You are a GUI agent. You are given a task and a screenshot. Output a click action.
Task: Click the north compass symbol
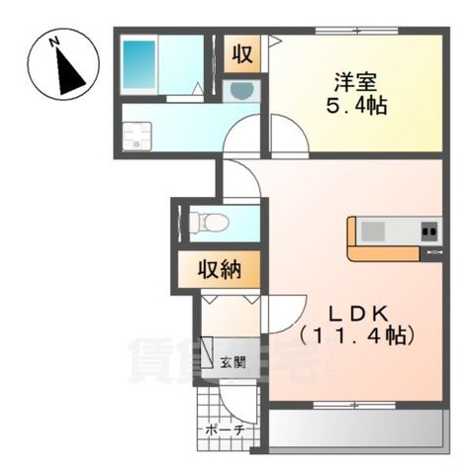[x=62, y=66]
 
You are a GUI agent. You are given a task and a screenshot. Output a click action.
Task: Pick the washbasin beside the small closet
[x=240, y=91]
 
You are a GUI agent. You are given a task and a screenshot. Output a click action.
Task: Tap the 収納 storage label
[x=220, y=268]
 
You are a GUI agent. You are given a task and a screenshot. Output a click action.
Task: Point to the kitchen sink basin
[x=373, y=232]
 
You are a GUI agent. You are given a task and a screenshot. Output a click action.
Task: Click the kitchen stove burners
[x=428, y=233]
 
